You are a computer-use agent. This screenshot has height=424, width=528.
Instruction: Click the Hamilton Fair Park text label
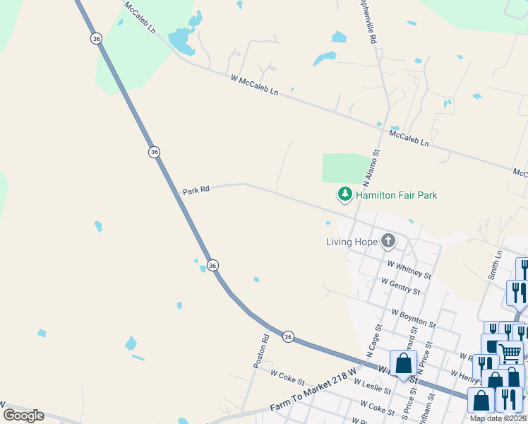[396, 195]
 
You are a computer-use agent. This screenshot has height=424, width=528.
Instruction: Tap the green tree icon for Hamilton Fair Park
[344, 194]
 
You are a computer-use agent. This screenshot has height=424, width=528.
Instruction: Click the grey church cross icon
[388, 241]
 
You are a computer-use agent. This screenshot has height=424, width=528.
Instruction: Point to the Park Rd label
[196, 191]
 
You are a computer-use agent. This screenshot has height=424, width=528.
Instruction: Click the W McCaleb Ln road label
[254, 86]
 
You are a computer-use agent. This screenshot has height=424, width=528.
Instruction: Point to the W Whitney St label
[409, 268]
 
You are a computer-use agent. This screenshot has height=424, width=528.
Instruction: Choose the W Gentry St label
[400, 287]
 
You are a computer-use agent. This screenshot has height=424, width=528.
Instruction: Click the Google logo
[24, 416]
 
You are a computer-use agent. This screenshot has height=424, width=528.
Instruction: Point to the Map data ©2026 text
[498, 418]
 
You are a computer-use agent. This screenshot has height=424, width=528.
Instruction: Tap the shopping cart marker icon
[510, 352]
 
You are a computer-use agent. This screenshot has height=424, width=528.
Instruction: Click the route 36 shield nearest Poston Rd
[287, 337]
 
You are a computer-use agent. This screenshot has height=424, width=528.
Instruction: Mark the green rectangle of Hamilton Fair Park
[346, 168]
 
